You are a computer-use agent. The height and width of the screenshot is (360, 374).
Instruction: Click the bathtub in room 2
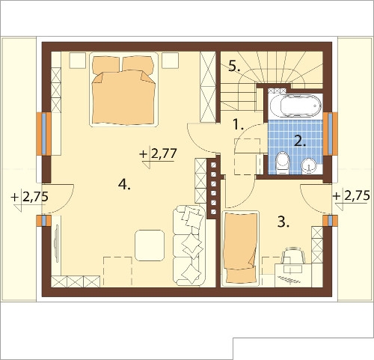295,106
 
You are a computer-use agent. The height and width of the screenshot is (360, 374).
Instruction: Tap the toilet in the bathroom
283,162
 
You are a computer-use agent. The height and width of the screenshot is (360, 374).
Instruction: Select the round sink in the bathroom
309,165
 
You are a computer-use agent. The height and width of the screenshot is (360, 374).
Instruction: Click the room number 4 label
124,185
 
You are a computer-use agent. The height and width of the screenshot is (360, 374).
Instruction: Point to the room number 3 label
283,222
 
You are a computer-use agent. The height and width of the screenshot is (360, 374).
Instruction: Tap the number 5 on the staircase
234,67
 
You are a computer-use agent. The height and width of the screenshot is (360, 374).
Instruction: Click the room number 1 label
238,124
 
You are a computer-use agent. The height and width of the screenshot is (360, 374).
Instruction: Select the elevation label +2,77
159,154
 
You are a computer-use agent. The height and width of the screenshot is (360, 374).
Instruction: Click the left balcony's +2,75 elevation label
29,197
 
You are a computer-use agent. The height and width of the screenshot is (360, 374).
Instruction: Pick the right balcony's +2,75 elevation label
351,195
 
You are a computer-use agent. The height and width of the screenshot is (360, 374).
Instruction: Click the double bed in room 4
124,89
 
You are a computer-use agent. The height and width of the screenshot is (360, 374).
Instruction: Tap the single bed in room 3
240,248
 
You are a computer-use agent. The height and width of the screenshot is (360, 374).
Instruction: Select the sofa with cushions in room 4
189,245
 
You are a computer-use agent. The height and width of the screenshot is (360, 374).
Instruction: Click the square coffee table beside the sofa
150,245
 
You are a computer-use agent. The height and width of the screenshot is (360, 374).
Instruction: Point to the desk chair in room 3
293,255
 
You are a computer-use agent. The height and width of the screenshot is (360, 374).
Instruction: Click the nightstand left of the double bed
78,61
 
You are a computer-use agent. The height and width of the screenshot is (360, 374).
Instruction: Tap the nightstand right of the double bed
170,60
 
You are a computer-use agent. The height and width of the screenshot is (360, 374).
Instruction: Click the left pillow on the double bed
105,65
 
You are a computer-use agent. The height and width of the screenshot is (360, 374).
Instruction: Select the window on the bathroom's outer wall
331,134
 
